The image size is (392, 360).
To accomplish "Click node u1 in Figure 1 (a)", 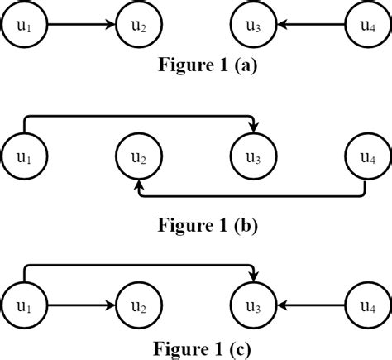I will tap(25, 25).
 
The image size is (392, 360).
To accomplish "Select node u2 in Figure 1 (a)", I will tap(138, 25).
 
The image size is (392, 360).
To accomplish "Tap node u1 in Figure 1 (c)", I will tap(25, 304).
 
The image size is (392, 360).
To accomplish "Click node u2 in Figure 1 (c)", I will tap(138, 304).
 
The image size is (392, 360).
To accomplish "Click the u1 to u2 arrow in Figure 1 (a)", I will tap(81, 25).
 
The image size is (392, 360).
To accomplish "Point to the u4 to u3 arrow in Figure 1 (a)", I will tap(310, 25).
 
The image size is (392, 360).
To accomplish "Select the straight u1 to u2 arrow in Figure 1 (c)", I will tap(81, 304).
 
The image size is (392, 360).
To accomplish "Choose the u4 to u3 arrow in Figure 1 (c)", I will tap(310, 304).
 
